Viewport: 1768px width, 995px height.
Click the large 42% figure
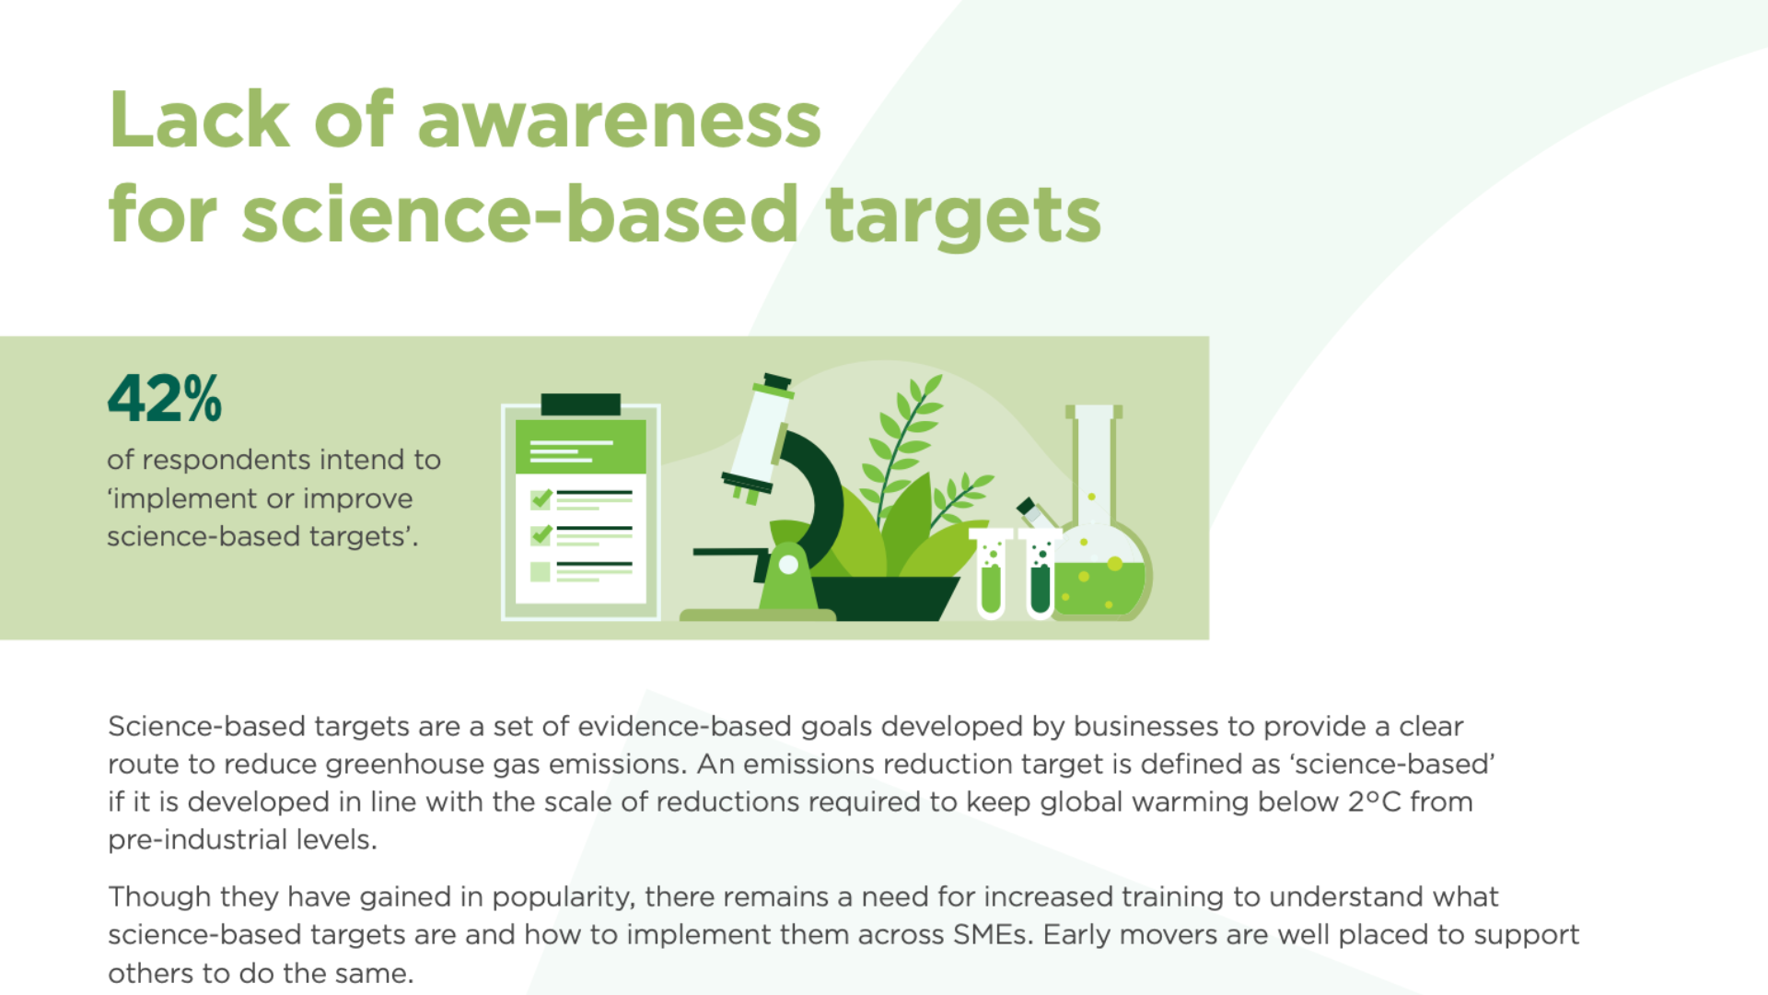point(165,398)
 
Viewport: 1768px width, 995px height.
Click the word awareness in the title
point(619,120)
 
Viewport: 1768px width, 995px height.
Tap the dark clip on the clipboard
point(580,404)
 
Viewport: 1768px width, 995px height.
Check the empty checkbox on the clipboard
point(541,571)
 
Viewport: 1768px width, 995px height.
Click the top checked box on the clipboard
point(541,498)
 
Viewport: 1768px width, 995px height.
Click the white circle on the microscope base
point(788,565)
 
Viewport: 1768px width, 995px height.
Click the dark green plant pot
point(884,598)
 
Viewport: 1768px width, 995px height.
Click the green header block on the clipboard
point(580,447)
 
